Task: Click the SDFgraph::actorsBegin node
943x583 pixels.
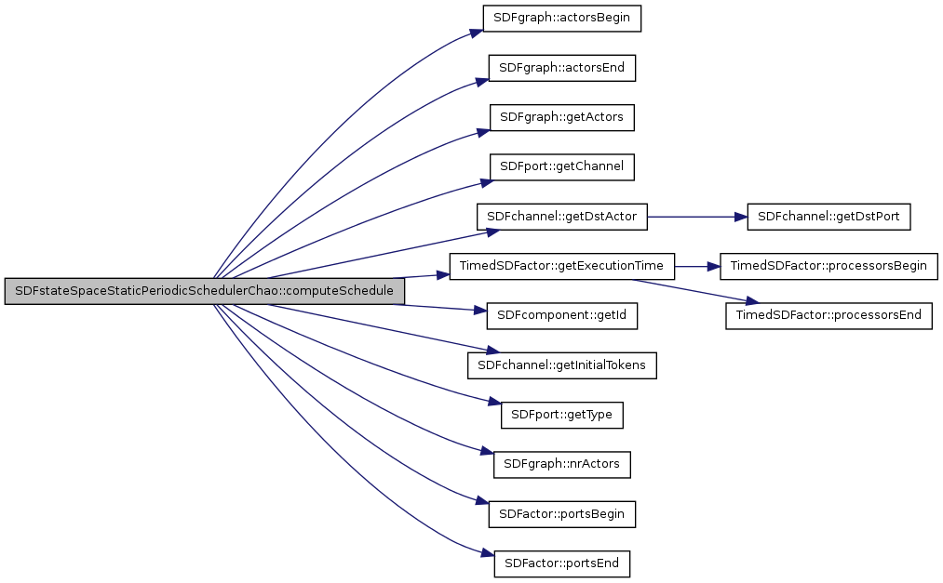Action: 561,18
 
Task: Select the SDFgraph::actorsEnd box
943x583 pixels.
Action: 561,68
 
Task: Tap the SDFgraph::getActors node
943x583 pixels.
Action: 561,117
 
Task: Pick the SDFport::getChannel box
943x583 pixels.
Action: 561,167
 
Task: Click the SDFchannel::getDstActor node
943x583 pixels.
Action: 561,217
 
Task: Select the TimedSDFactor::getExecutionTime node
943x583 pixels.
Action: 561,266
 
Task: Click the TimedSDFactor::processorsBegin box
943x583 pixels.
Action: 828,266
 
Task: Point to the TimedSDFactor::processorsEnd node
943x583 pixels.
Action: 828,315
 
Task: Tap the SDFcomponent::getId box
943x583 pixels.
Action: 561,315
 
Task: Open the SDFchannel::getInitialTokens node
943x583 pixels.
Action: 561,365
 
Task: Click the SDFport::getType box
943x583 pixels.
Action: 561,415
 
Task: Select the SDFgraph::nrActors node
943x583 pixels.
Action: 561,463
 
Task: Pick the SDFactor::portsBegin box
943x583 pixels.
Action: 561,513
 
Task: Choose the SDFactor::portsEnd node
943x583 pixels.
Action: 561,563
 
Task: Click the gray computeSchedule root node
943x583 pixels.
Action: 204,291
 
